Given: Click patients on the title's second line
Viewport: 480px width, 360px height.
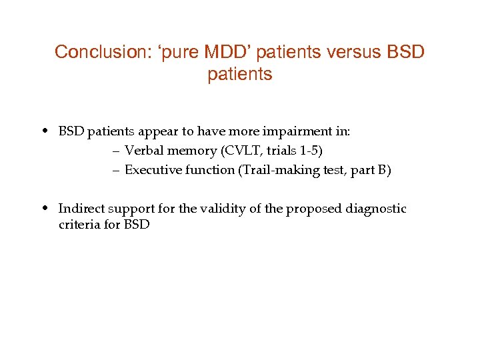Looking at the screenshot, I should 240,74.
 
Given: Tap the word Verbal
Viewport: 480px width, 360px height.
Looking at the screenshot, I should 143,151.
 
